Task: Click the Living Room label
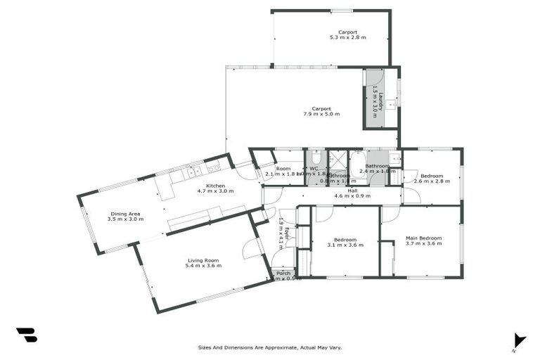(x=203, y=259)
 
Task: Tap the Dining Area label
(x=125, y=213)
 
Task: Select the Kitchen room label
(x=215, y=185)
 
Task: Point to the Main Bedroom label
(x=424, y=238)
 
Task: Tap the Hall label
(x=352, y=191)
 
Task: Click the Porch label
(x=283, y=273)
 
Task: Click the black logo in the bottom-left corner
(x=27, y=335)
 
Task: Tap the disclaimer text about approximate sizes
(x=269, y=347)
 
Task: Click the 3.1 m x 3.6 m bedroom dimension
(x=345, y=245)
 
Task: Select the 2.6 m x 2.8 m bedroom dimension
(x=432, y=181)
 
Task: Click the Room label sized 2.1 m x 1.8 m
(x=283, y=169)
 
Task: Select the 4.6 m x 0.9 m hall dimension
(x=352, y=196)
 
